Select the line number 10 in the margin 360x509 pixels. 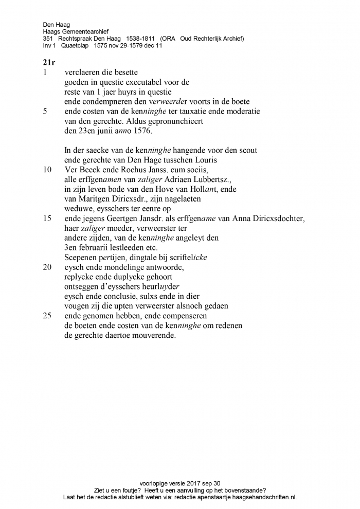47,169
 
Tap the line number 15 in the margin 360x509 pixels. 47,218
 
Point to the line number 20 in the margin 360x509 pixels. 47,267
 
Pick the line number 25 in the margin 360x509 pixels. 47,316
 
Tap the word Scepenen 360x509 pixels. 81,257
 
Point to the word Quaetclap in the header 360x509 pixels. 75,45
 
